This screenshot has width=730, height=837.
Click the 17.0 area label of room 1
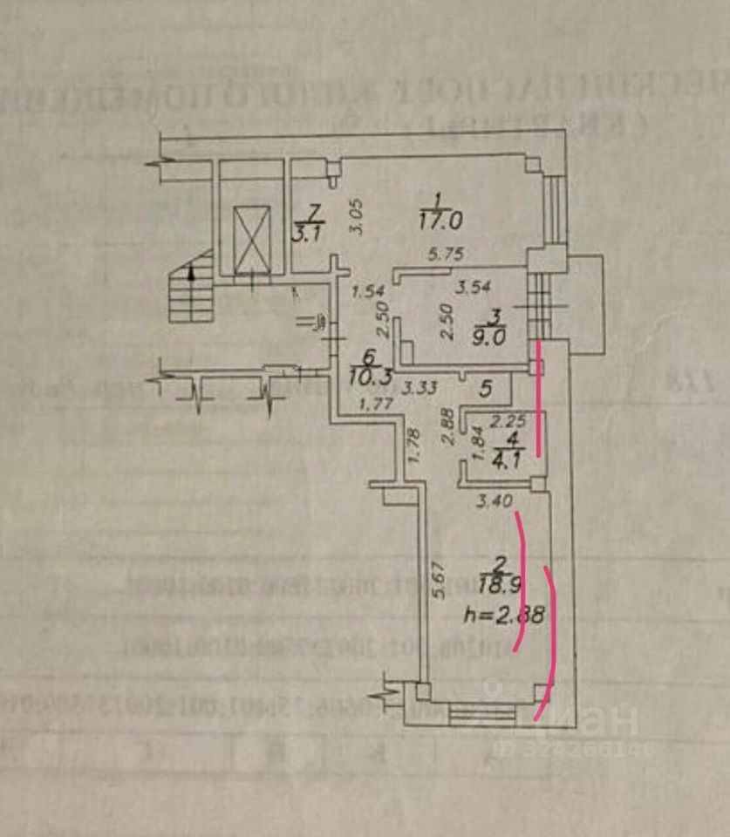point(440,221)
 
